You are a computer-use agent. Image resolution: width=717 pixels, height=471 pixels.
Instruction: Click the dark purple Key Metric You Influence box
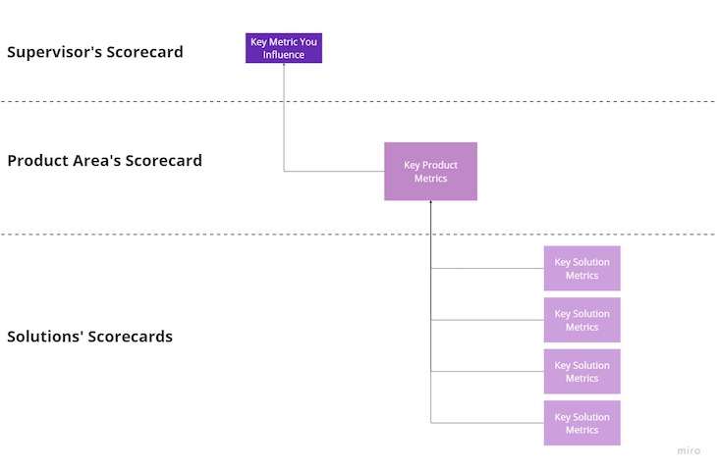[x=284, y=48]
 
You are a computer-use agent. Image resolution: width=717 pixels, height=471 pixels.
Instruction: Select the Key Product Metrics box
[x=430, y=172]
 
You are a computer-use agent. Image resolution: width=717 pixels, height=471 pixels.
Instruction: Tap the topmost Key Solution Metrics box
[x=581, y=268]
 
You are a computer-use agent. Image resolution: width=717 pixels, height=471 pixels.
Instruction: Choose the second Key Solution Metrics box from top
[x=581, y=320]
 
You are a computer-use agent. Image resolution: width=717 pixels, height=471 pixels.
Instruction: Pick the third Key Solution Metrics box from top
[x=581, y=371]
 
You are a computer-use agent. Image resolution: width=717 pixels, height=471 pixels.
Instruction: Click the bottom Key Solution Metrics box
[x=581, y=423]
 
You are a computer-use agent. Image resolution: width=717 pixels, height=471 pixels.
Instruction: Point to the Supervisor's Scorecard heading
[x=95, y=52]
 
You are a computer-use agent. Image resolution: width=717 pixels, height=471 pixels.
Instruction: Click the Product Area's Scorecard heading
[x=104, y=160]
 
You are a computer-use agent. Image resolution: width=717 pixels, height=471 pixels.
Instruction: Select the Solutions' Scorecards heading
[x=89, y=337]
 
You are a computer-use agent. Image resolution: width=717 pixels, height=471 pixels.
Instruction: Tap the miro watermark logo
[x=689, y=451]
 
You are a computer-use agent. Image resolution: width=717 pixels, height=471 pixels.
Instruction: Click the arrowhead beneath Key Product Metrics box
[x=431, y=204]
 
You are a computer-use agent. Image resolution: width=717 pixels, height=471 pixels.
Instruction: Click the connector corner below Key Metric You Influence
[x=285, y=172]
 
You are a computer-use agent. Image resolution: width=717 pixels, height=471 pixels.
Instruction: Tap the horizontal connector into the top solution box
[x=487, y=268]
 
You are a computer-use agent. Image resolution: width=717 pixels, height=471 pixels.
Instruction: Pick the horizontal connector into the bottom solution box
[x=487, y=423]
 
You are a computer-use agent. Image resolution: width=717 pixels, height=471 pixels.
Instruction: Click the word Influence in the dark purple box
[x=284, y=55]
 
